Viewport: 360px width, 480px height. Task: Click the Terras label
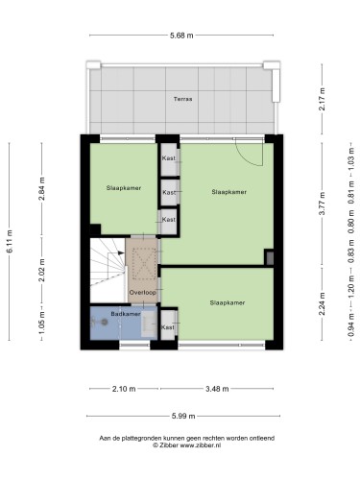pos(182,99)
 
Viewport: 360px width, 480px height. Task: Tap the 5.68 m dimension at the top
pos(181,36)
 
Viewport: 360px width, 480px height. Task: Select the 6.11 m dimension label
pos(10,242)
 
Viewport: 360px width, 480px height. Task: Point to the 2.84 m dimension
pos(41,188)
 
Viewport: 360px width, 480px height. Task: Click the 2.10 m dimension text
pos(124,389)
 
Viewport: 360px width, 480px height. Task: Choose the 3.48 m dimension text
pos(217,389)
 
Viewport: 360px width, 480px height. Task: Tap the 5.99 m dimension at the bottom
pos(183,416)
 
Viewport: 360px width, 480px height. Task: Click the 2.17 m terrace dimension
pos(322,99)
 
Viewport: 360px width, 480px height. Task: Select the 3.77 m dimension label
pos(322,204)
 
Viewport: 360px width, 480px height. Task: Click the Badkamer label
pos(126,314)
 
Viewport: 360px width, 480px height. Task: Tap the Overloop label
pos(142,292)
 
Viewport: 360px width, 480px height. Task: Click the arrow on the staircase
pos(121,252)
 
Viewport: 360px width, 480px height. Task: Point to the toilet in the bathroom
pos(100,322)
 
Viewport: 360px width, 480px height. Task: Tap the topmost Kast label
pos(169,158)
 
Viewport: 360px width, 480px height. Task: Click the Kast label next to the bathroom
pos(168,327)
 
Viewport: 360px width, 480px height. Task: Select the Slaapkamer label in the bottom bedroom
pos(228,302)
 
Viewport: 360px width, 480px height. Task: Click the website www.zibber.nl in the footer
pos(201,445)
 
